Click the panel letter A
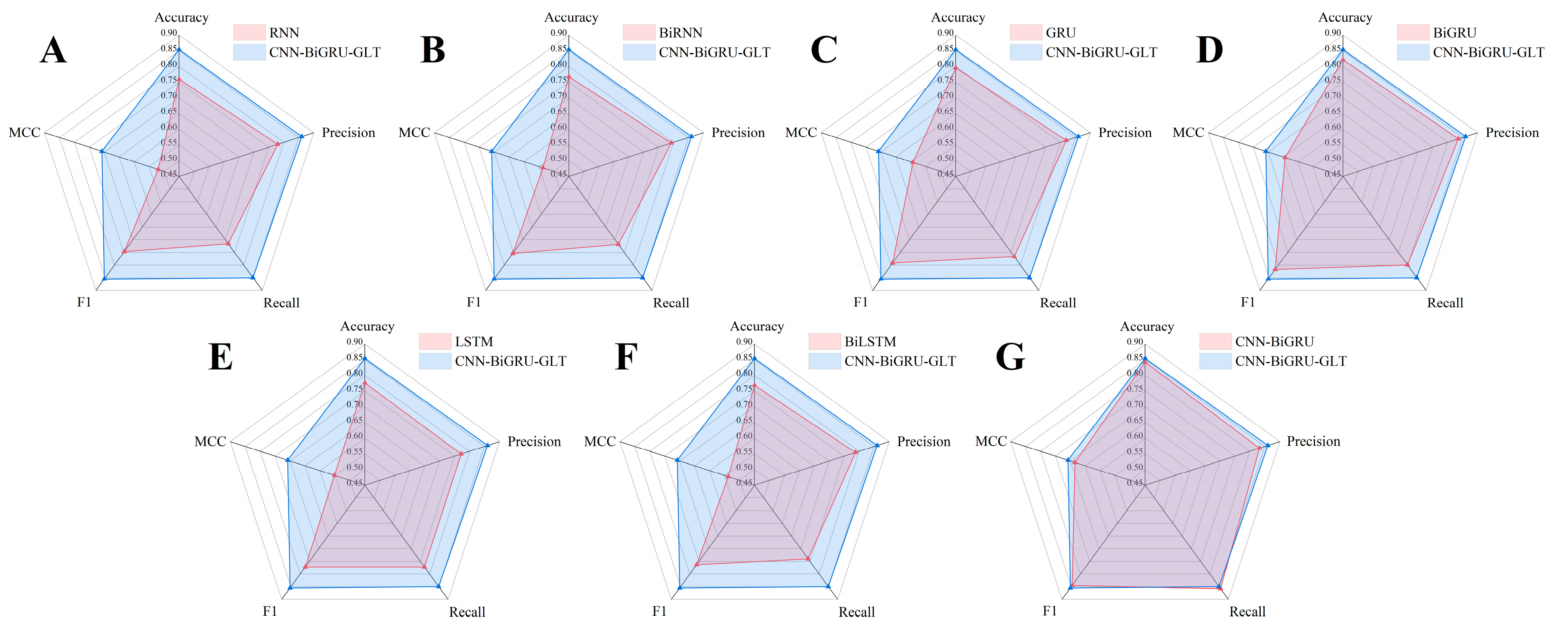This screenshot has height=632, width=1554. [53, 51]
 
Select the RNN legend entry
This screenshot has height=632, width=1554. [283, 32]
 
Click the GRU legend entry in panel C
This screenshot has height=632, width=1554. [1060, 32]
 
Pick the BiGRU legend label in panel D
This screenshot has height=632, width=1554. [1454, 32]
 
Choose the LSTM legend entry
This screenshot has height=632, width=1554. [474, 341]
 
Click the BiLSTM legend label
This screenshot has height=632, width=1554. [870, 341]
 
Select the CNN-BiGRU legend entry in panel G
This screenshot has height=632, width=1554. [1274, 341]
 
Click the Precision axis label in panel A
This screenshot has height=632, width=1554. [348, 133]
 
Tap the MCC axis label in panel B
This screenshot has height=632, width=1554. [414, 133]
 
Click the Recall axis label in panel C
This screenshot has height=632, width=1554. [1058, 303]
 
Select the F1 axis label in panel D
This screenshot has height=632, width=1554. [1248, 302]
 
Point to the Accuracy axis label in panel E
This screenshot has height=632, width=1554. [367, 326]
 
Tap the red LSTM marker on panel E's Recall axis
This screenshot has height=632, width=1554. [424, 567]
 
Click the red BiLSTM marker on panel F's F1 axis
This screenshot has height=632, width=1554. [697, 565]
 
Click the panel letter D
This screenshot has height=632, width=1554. [1209, 51]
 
